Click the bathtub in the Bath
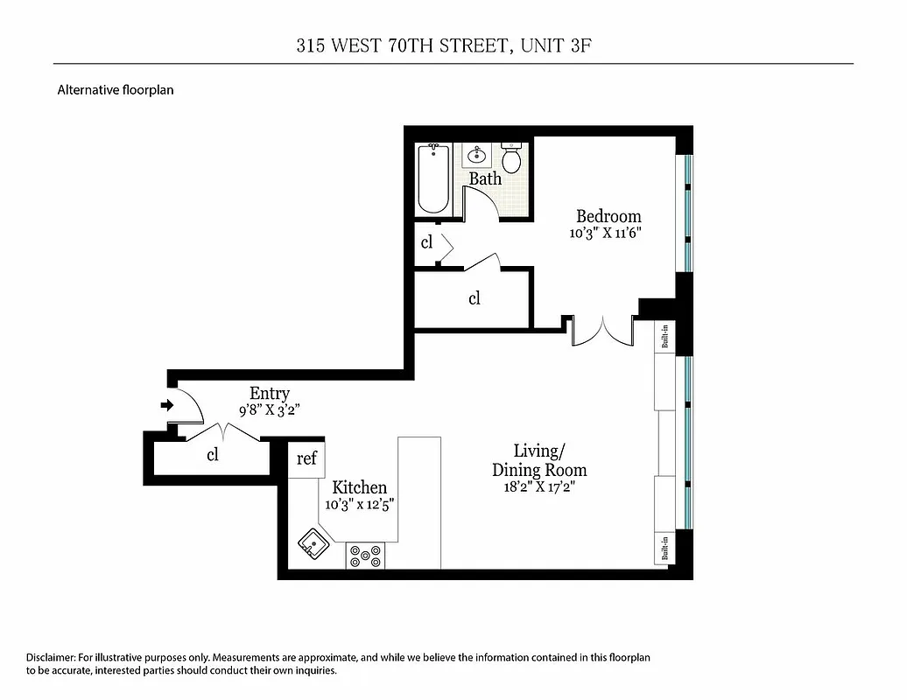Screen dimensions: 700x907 [433, 178]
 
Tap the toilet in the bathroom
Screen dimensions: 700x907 [512, 158]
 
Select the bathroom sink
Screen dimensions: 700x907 [478, 156]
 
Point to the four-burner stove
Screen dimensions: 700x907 [366, 556]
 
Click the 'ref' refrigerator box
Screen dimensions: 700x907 [306, 458]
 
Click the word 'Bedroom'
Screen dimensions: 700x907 [608, 216]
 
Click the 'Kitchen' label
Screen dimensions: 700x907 [359, 487]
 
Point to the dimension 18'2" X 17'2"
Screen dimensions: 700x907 [538, 487]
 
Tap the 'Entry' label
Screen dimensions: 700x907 [269, 394]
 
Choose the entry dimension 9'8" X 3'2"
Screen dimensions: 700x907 [269, 409]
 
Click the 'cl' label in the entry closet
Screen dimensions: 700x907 [212, 455]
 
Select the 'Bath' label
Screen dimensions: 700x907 [485, 178]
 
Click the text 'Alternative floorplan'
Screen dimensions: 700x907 [116, 89]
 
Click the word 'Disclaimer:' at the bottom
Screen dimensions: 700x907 [51, 657]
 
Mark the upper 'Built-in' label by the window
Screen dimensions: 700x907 [665, 337]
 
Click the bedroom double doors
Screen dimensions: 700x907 [601, 331]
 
